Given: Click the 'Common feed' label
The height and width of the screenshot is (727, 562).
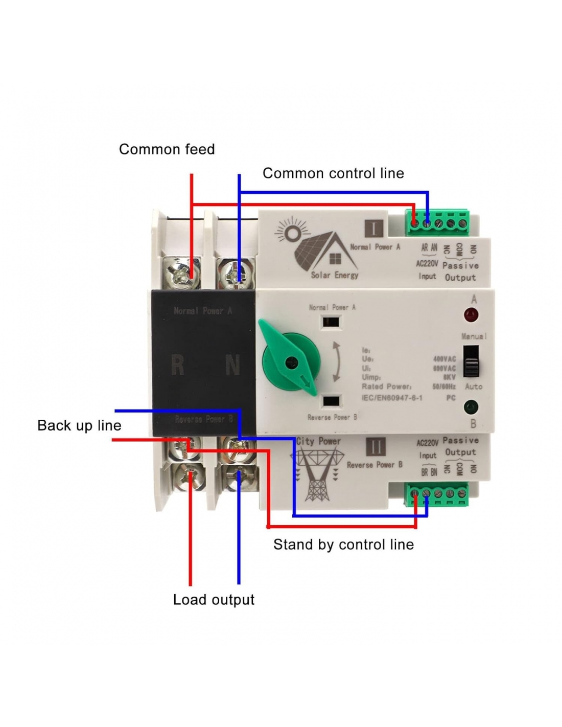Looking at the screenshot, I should tap(167, 149).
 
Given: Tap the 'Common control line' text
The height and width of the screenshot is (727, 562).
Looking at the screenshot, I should tap(333, 173).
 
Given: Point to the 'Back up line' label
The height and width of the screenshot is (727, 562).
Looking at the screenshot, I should tap(79, 425).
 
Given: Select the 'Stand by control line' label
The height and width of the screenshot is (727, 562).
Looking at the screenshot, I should tap(343, 544).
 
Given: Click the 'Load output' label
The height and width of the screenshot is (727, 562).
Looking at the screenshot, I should tap(214, 600).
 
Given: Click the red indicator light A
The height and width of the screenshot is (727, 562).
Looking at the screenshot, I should tap(471, 315).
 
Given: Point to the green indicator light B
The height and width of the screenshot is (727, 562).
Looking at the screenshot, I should tap(471, 407).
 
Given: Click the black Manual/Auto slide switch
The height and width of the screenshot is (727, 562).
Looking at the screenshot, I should tap(471, 361).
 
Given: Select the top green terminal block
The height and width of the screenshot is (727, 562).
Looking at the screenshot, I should tap(438, 222).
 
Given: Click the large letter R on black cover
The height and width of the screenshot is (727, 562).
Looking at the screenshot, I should tap(177, 366).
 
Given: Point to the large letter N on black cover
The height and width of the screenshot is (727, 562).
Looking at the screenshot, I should tap(232, 366).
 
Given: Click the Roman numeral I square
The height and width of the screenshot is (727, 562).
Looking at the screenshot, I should tap(374, 228).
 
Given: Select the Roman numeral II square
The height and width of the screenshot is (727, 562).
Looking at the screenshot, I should tap(376, 447).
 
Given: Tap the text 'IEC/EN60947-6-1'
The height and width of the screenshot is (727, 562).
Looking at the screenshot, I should tap(392, 398).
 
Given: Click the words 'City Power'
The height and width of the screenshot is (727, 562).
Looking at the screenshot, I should tap(318, 441).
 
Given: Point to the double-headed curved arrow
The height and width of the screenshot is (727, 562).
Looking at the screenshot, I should tap(337, 361).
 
